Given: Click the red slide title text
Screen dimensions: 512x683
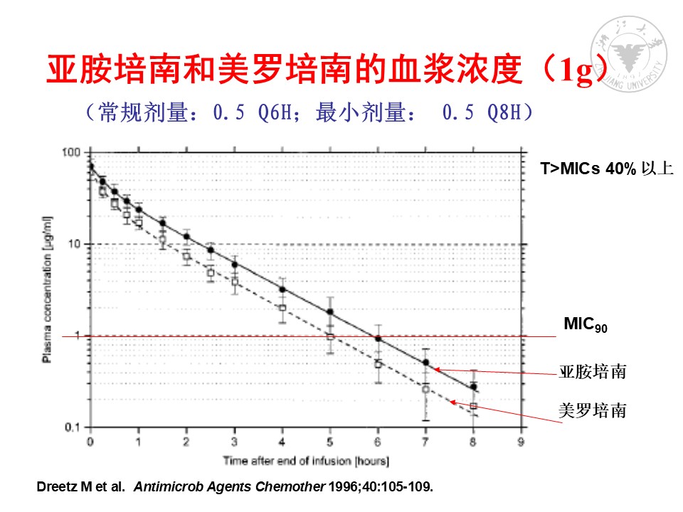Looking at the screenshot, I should click(x=327, y=71).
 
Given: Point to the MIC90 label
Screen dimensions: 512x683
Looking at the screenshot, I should click(x=585, y=325).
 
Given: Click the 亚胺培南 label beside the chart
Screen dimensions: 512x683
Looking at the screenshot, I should click(x=592, y=372).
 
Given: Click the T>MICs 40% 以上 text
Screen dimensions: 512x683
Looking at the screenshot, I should click(x=605, y=169).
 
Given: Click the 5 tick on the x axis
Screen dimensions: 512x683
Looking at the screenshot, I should click(x=330, y=442).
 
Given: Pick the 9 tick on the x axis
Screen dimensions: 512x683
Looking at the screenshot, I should click(x=522, y=442).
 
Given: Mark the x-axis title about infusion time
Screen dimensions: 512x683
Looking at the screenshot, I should click(x=306, y=462).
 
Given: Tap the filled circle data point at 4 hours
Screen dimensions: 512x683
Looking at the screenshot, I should click(x=282, y=289).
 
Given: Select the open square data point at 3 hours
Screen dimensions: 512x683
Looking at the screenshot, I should click(x=235, y=282).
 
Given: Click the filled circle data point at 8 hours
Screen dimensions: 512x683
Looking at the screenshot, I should click(x=474, y=387).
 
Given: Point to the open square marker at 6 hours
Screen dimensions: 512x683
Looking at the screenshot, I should click(x=378, y=364).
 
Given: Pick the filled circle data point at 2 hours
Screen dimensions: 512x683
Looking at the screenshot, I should click(x=186, y=236).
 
